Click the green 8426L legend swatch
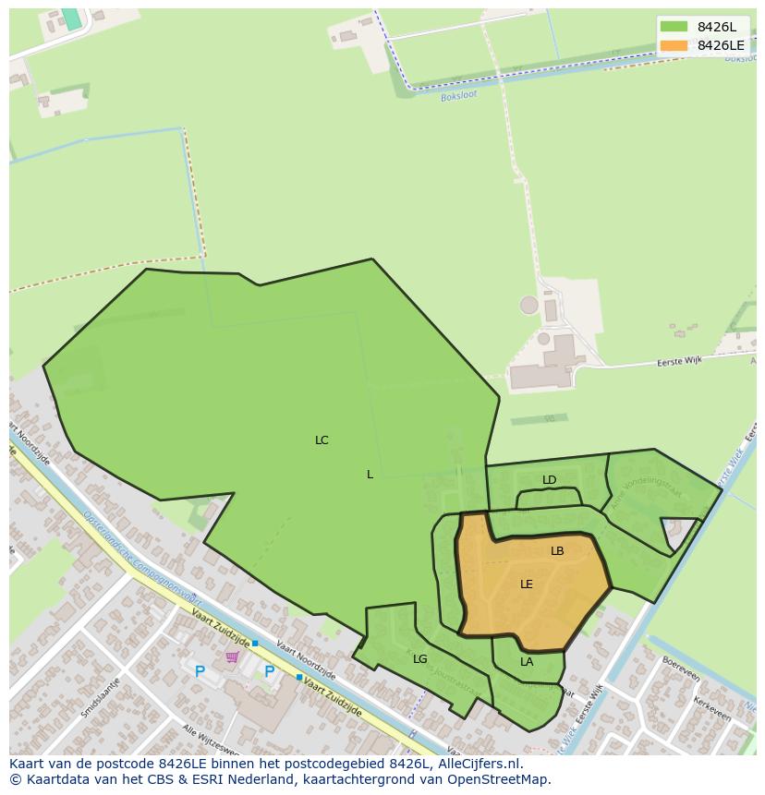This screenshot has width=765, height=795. click(674, 27)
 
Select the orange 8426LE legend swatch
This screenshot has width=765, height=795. click(674, 45)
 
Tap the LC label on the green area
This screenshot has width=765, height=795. click(322, 440)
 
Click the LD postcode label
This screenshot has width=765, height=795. click(550, 480)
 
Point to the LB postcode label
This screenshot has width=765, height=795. click(557, 551)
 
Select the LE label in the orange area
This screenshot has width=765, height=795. click(527, 584)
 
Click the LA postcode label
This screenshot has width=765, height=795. click(527, 662)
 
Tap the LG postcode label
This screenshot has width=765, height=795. click(420, 659)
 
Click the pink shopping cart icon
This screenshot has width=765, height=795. click(232, 657)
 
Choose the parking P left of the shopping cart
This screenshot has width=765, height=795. click(200, 672)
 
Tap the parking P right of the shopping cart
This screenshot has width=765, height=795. click(269, 672)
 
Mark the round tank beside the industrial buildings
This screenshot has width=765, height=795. click(528, 304)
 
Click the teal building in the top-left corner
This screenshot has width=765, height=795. click(71, 18)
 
